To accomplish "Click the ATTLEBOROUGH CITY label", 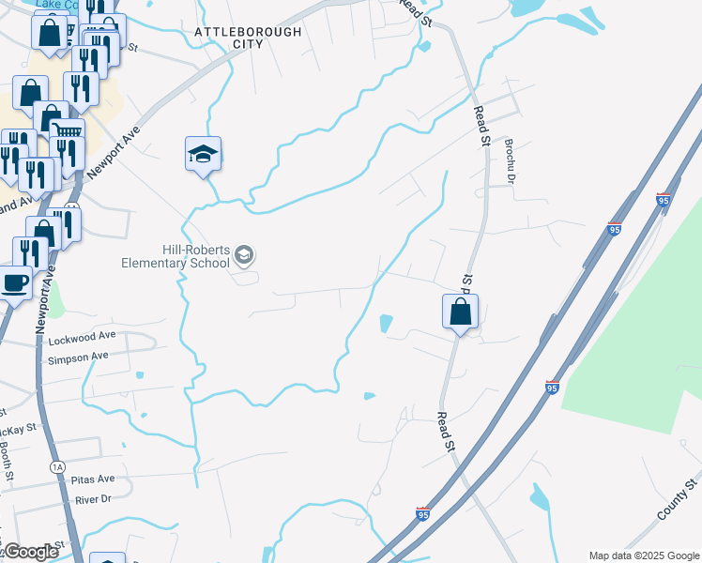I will click(248, 38).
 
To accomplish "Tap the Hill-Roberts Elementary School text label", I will click(175, 256).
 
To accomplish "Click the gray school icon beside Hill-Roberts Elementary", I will click(244, 254).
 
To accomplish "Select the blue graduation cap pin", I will click(203, 153).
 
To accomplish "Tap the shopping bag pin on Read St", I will click(460, 312).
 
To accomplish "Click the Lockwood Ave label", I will click(82, 335).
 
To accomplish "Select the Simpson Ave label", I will click(78, 357).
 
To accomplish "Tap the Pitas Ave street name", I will click(93, 479).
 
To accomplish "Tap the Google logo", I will click(30, 552).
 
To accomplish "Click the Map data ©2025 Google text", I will click(644, 555).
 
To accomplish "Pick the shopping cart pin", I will click(67, 134).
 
